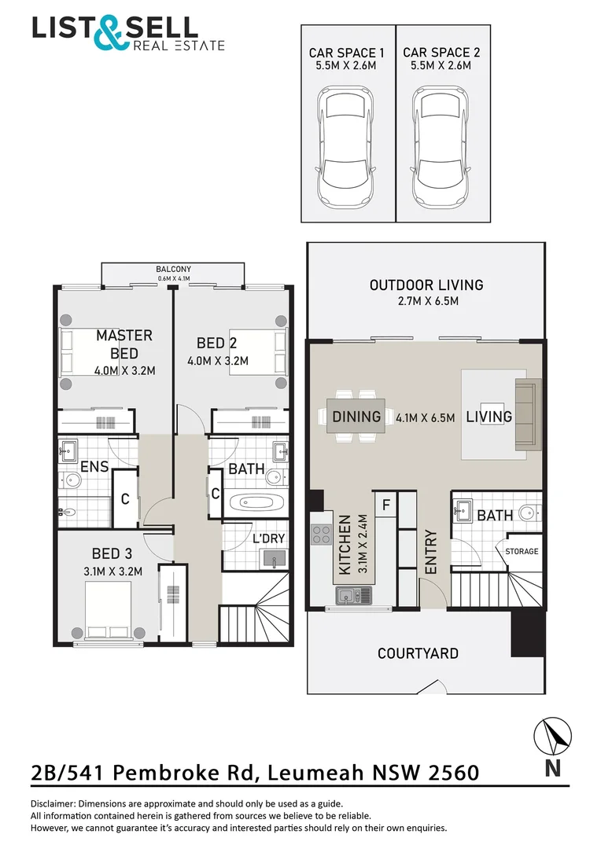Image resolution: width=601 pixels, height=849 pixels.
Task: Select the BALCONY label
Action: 174,269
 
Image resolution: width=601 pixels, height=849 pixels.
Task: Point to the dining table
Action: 357,417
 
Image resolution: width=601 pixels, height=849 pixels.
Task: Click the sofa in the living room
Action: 524,415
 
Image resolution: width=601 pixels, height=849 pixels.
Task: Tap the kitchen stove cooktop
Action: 322,535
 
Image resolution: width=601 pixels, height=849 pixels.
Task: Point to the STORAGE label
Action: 522,551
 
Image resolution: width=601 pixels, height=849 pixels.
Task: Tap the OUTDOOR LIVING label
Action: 426,285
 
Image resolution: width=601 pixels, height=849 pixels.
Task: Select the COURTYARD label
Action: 418,653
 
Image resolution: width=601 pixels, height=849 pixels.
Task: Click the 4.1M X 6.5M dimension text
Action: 426,417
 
